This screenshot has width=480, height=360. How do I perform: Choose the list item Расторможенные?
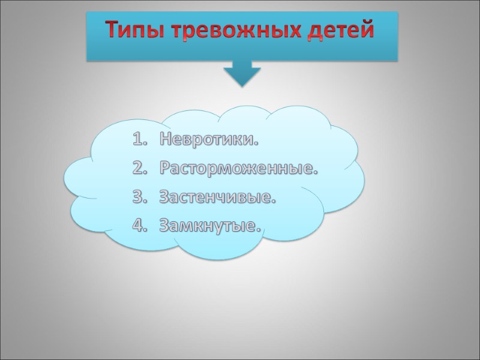click(238, 169)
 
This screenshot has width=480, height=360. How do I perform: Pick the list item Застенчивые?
click(218, 197)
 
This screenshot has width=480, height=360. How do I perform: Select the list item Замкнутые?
click(211, 226)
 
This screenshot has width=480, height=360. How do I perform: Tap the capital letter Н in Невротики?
click(166, 141)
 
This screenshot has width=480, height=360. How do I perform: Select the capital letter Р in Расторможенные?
click(165, 169)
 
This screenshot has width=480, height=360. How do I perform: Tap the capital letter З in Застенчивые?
click(164, 197)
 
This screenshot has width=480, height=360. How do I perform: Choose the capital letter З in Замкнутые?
click(164, 226)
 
